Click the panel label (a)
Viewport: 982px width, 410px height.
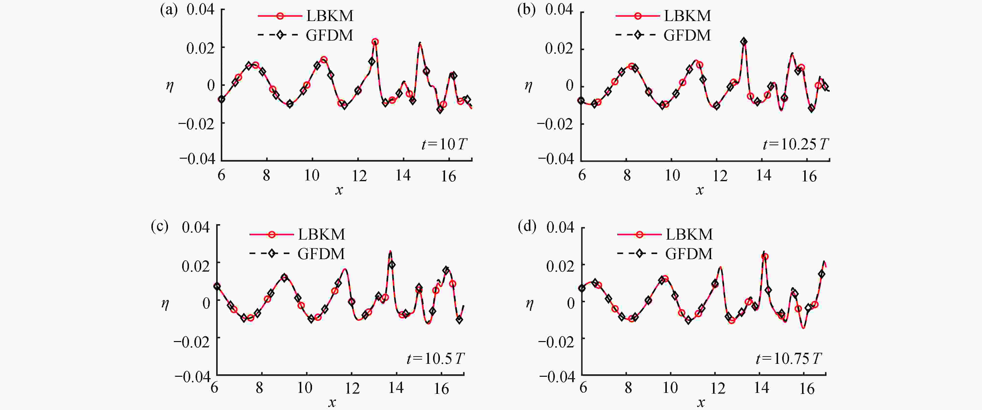(168, 10)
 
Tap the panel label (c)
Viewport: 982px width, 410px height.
(159, 226)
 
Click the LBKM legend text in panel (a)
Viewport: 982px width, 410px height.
(330, 16)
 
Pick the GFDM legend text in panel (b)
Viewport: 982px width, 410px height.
(687, 35)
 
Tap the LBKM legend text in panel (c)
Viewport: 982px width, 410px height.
(321, 234)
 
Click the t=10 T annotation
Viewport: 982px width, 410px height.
(444, 144)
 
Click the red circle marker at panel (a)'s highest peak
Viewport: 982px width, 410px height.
(375, 42)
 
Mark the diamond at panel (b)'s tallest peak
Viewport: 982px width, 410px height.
(744, 42)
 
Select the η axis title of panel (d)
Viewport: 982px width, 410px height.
(529, 304)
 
